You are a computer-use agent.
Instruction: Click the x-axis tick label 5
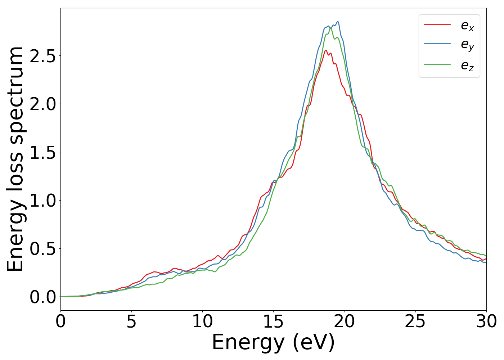tap(131, 321)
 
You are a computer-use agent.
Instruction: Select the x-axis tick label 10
tap(202, 321)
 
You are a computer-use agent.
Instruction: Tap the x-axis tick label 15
tap(273, 321)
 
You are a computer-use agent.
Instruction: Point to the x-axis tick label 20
tap(345, 321)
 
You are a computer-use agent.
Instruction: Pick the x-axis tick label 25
tap(415, 321)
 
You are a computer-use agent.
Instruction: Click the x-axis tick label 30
tap(486, 321)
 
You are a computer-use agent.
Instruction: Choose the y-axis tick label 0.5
tap(43, 249)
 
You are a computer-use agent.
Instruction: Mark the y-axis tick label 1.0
tap(43, 201)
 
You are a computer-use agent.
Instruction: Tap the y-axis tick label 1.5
tap(43, 152)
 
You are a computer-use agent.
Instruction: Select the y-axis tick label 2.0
tap(43, 104)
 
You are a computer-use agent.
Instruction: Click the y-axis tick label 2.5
tap(43, 56)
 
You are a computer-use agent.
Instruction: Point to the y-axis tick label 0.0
tap(43, 297)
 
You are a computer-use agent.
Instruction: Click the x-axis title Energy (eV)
tap(273, 342)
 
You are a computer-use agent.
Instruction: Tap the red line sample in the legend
tap(437, 24)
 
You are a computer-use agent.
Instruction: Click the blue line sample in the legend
tap(437, 44)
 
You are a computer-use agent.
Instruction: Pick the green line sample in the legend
tap(437, 65)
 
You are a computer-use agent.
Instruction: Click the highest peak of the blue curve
tap(338, 22)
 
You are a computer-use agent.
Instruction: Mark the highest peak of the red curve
tap(326, 50)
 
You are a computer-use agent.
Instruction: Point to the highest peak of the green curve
tap(330, 28)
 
